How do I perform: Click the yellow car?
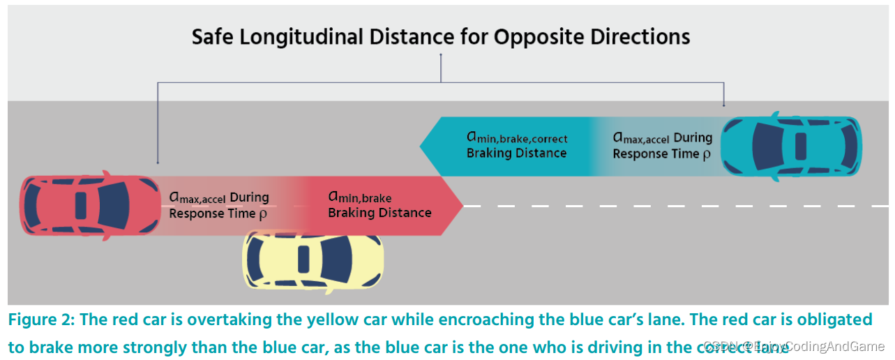[x=313, y=260]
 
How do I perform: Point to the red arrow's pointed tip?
[x=462, y=206]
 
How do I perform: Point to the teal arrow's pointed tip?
[x=421, y=146]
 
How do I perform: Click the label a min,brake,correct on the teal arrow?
[x=517, y=138]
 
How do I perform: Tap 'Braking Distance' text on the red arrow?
[x=379, y=213]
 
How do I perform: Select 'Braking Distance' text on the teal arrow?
[x=516, y=153]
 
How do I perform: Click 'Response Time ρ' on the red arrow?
[x=218, y=213]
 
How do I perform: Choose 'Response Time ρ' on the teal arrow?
[x=661, y=153]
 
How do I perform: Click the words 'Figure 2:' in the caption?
[x=42, y=320]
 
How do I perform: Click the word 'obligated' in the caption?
[x=837, y=320]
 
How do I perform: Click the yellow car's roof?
[x=304, y=260]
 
